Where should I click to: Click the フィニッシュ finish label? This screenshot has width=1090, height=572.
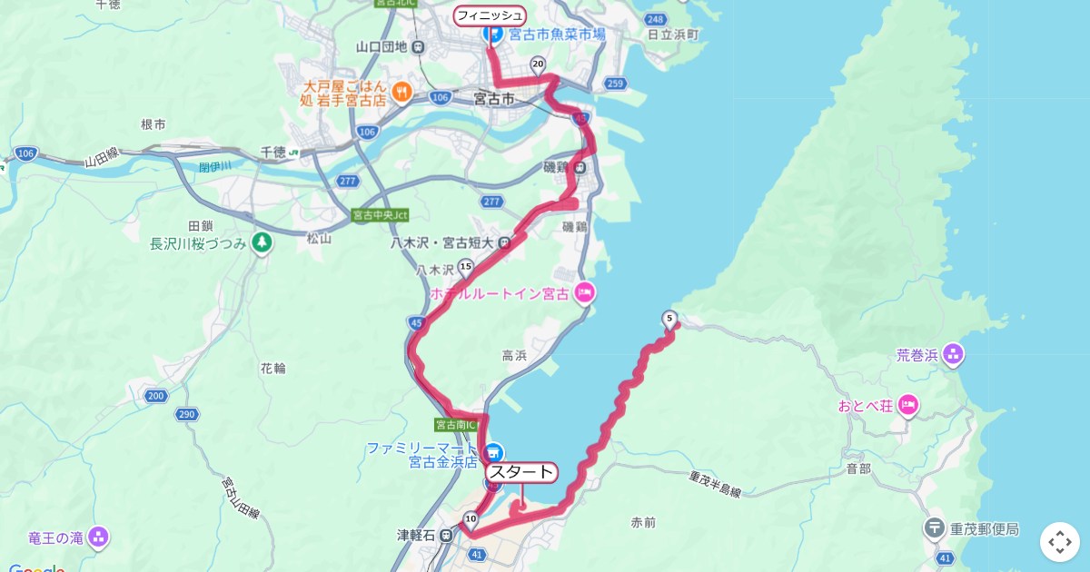(490, 15)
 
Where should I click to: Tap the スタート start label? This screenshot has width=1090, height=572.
(521, 472)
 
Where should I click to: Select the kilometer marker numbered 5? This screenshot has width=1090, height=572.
(670, 318)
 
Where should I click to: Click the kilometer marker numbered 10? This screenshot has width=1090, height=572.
(471, 519)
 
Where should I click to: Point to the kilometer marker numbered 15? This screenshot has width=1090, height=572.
(466, 266)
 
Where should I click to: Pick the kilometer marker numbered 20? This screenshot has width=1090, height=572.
(538, 64)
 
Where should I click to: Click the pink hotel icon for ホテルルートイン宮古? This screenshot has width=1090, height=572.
(584, 292)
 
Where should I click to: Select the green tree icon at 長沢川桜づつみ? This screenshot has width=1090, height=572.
(262, 242)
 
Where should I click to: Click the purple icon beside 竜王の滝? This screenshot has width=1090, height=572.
(99, 537)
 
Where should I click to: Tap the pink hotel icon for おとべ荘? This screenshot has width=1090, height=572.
(908, 405)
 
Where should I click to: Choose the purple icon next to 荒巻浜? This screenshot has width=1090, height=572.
(953, 354)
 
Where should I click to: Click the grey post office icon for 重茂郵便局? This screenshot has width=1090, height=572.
(935, 528)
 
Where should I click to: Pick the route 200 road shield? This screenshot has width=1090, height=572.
(155, 396)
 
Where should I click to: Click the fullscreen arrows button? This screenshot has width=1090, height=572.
(1059, 542)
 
